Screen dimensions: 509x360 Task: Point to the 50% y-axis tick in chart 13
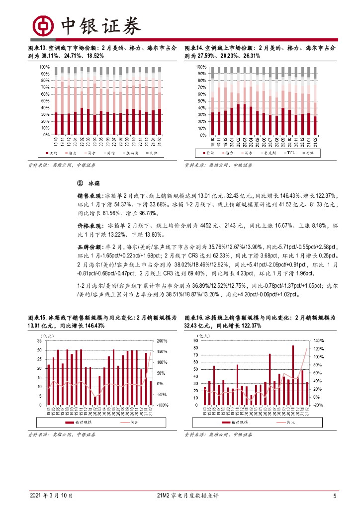tap(45, 100)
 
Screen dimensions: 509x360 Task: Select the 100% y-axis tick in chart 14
tap(201, 67)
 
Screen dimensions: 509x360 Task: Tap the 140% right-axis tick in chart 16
tap(319, 341)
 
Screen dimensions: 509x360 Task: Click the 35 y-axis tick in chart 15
tap(39, 341)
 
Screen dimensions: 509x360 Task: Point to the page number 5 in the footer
tap(335, 496)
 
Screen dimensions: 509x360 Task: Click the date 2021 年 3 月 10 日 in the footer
tap(52, 496)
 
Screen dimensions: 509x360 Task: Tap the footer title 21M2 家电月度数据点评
tap(187, 496)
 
